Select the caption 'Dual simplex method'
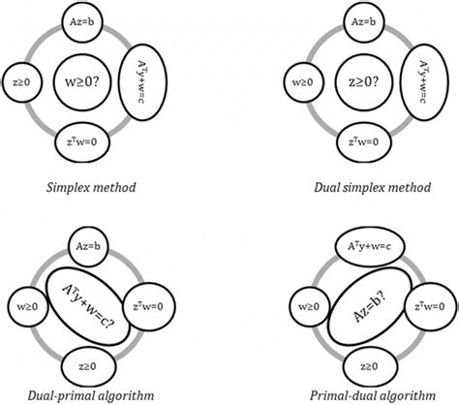[364, 185]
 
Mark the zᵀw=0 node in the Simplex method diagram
[81, 140]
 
